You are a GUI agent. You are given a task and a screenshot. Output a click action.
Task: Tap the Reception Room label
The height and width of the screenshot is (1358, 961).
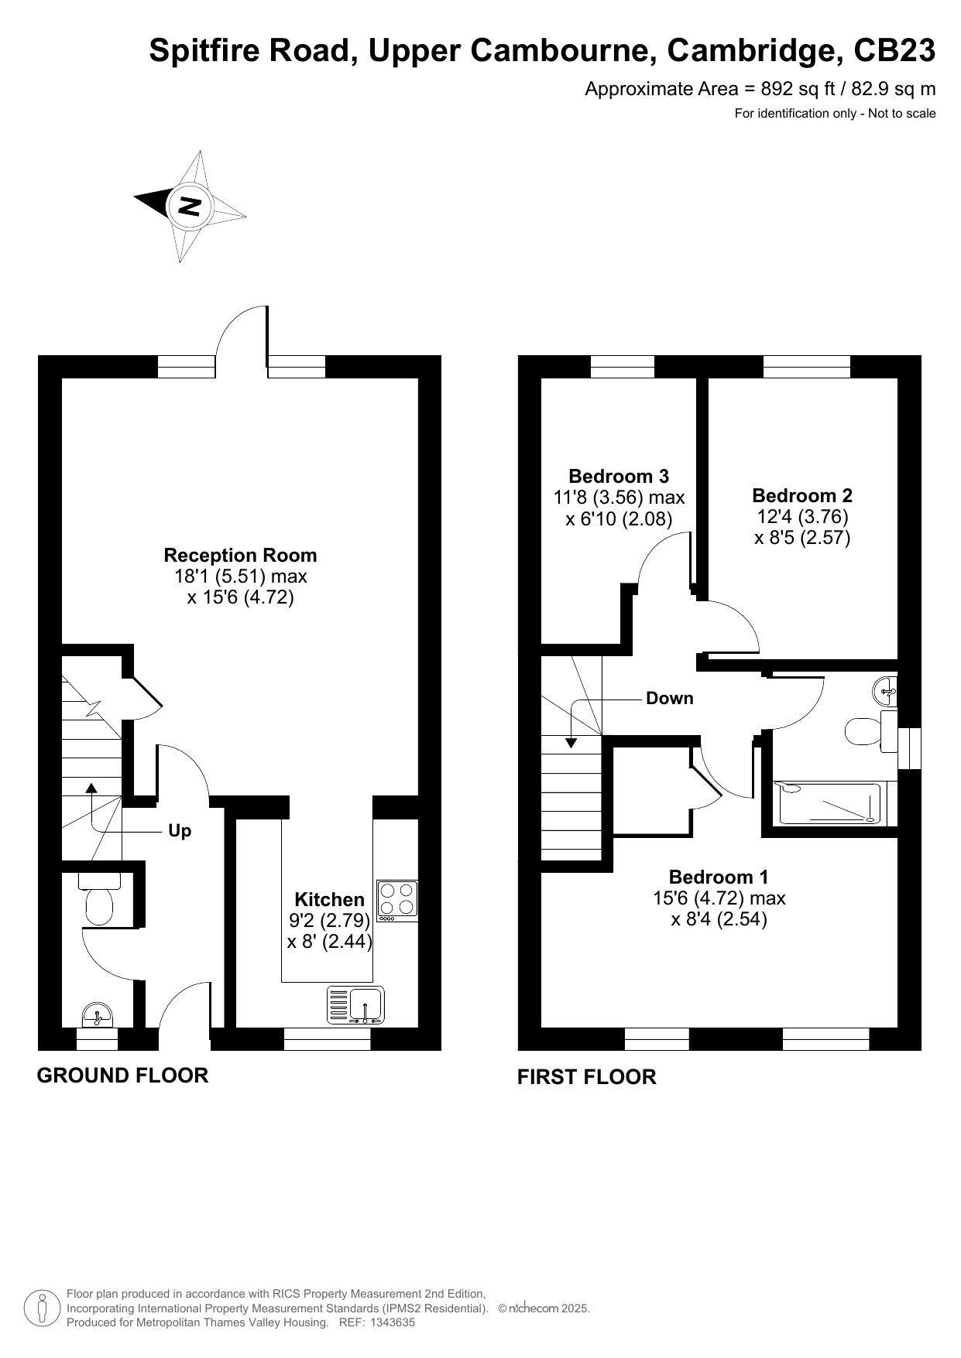coord(240,556)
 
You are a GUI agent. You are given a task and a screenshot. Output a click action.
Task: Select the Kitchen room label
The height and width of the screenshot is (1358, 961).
coord(329,899)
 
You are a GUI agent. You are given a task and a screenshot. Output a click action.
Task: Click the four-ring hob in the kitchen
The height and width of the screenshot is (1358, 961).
coord(397,901)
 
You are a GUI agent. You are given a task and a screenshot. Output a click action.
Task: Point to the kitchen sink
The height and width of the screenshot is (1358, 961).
coord(355,1006)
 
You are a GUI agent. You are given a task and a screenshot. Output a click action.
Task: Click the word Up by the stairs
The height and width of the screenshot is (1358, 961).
coord(180,831)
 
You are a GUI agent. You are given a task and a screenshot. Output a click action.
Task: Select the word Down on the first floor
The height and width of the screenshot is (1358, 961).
coord(670,698)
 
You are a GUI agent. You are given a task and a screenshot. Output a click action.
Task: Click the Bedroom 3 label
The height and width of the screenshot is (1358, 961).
coord(619,476)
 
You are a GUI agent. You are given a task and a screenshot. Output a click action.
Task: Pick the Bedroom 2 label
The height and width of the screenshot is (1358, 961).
coord(802,495)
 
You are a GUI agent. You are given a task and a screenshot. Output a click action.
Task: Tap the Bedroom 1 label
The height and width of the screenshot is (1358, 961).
coord(719,877)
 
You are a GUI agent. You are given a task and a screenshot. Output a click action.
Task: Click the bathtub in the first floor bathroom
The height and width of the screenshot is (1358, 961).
coord(830,803)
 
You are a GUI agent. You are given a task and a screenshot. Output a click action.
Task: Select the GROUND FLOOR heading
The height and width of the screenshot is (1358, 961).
coord(122,1076)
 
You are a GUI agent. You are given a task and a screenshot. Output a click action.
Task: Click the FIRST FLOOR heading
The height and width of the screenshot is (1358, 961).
coord(586,1077)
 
